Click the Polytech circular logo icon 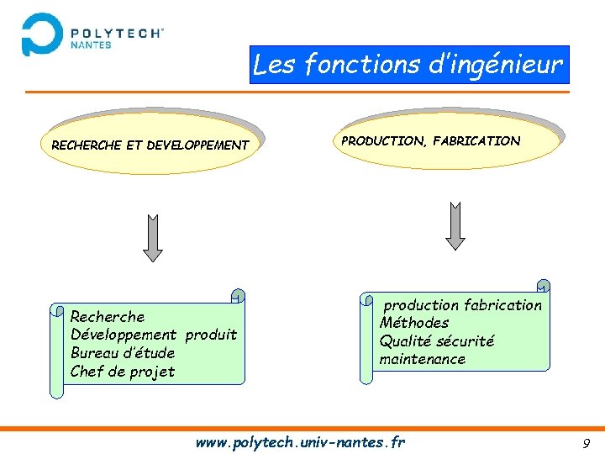click(42, 34)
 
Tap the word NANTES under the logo click(91, 45)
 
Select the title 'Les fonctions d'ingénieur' click(408, 64)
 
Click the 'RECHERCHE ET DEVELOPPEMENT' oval click(150, 145)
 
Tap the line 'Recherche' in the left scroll click(108, 317)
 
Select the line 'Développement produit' click(154, 335)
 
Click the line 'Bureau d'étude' click(123, 353)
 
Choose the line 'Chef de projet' click(123, 372)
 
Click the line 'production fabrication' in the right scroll click(463, 305)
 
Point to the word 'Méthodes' click(414, 323)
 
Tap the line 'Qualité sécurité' click(437, 341)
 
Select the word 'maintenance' click(422, 360)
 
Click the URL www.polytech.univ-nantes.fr click(300, 441)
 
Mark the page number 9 click(586, 443)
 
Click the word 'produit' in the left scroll click(211, 335)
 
